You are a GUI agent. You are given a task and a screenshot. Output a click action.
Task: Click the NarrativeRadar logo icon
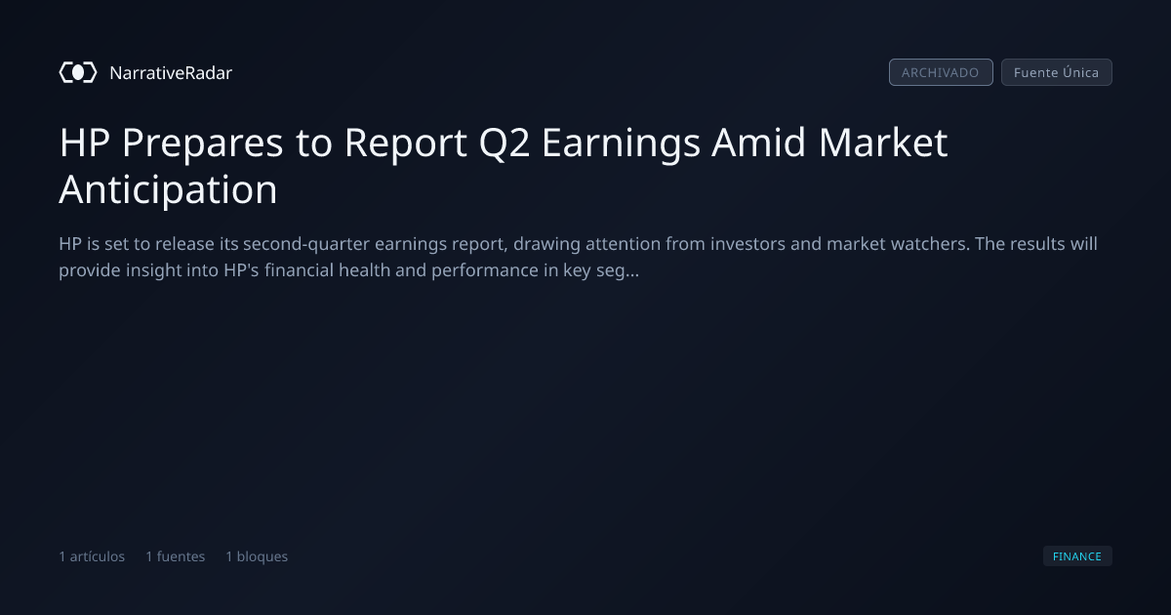point(78,72)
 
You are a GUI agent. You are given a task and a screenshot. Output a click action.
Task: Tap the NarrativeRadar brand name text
point(171,72)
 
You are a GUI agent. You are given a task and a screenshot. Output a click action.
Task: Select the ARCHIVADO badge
point(941,72)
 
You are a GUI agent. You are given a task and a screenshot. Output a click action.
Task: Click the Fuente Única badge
point(1056,72)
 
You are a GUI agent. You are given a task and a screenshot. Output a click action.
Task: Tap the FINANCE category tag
point(1077,555)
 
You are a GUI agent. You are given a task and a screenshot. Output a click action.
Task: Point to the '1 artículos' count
point(92,556)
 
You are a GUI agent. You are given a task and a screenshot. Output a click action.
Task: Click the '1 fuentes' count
point(175,556)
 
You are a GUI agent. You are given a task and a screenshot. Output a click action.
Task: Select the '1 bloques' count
point(256,556)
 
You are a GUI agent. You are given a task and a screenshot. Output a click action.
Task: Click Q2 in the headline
point(504,143)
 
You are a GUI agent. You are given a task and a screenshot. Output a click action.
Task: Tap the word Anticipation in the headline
point(168,189)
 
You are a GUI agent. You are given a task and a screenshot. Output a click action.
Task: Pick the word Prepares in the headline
point(202,143)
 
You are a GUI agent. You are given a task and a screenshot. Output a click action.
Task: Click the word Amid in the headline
point(758,142)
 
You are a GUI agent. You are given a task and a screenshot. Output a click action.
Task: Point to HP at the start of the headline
point(84,143)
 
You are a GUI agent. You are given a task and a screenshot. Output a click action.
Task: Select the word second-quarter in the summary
point(306,244)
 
